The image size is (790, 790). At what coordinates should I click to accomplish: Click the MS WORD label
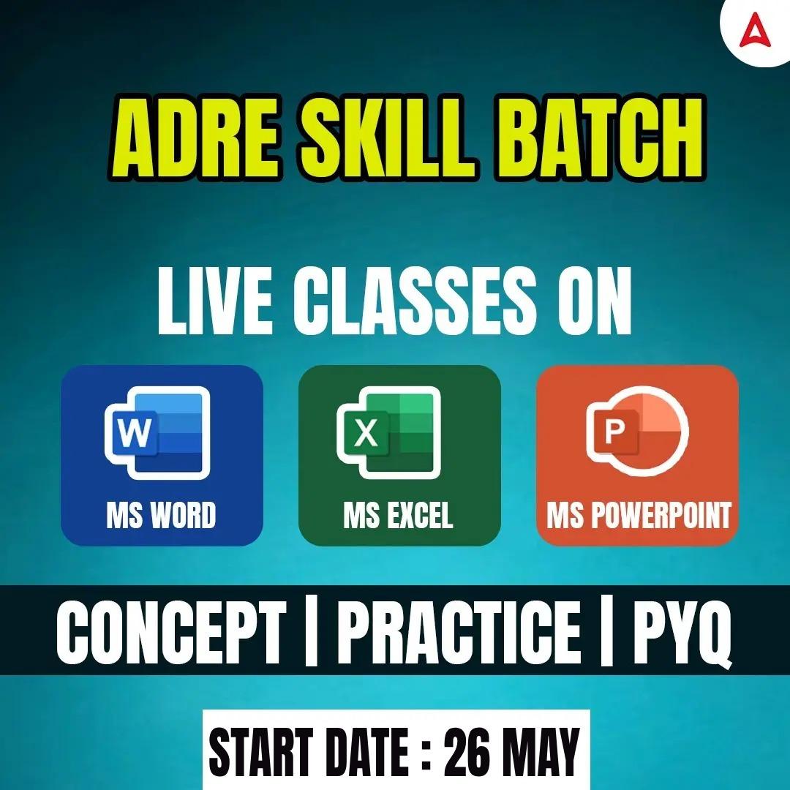click(161, 514)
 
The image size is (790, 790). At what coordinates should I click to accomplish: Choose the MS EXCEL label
click(398, 514)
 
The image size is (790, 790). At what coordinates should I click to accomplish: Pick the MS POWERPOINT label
click(639, 514)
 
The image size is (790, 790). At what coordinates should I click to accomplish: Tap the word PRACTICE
click(459, 631)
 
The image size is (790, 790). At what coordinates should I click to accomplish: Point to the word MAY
click(541, 750)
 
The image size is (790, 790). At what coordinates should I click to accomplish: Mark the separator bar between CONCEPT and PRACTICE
click(311, 631)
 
